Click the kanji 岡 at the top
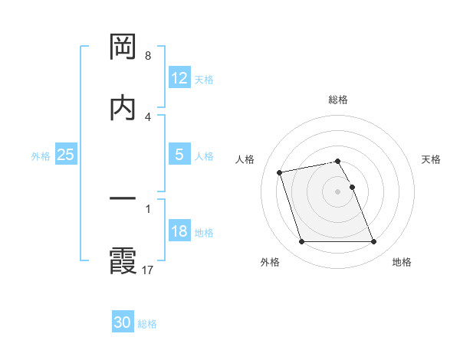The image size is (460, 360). click(123, 47)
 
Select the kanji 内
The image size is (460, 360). click(123, 108)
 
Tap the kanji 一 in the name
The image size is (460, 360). click(123, 200)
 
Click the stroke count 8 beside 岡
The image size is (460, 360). click(148, 56)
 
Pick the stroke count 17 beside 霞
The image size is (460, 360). click(149, 270)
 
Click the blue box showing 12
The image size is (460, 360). click(179, 78)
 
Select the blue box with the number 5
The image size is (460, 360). click(179, 155)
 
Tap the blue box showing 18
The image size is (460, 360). click(179, 231)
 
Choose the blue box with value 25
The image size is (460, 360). click(66, 155)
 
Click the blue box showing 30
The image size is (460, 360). click(123, 322)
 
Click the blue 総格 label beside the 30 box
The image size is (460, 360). click(147, 324)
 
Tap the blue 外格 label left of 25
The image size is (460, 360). click(41, 155)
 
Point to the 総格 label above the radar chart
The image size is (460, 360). click(338, 100)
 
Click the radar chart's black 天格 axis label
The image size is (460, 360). click(432, 159)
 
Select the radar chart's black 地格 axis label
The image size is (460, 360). click(402, 262)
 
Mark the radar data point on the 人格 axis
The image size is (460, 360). click(280, 172)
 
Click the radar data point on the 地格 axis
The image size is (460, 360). click(373, 242)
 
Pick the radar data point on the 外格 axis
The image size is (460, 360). click(301, 242)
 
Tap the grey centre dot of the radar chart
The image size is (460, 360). click(338, 191)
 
